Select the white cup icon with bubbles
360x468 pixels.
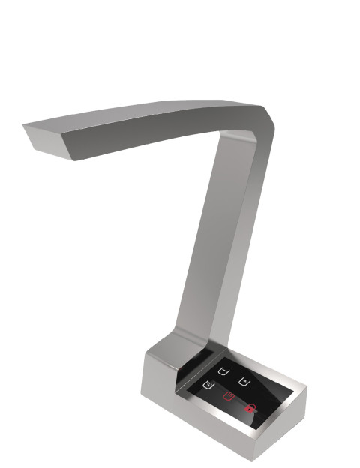[208, 386]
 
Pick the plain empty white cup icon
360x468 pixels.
[223, 370]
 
